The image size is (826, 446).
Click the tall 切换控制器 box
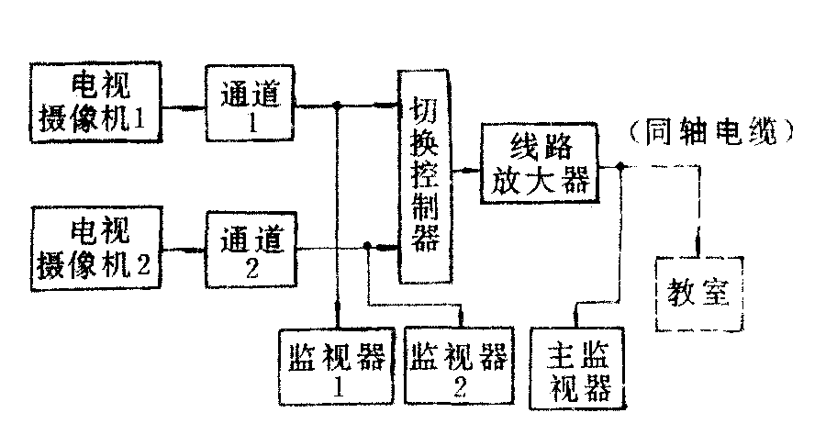click(x=426, y=174)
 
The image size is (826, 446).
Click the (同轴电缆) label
click(x=711, y=134)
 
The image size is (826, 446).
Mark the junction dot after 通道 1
click(x=339, y=106)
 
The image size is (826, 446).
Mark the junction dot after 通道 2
click(x=367, y=247)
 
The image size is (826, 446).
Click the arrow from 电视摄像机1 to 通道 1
click(x=185, y=106)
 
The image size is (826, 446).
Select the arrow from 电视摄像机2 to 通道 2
click(x=185, y=248)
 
